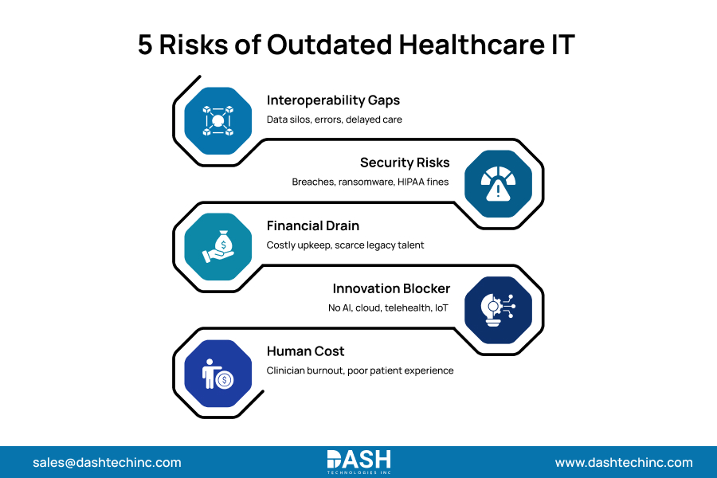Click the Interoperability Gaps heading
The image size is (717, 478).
click(333, 100)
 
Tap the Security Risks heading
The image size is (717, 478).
click(405, 163)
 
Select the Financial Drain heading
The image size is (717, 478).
click(313, 225)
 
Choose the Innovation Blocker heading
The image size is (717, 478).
click(391, 288)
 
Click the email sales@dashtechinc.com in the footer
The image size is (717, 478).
click(107, 462)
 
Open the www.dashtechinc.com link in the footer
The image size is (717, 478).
click(624, 462)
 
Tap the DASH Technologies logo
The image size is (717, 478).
click(358, 461)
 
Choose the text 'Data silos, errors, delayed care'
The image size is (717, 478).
click(335, 119)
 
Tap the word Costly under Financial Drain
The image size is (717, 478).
click(283, 245)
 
